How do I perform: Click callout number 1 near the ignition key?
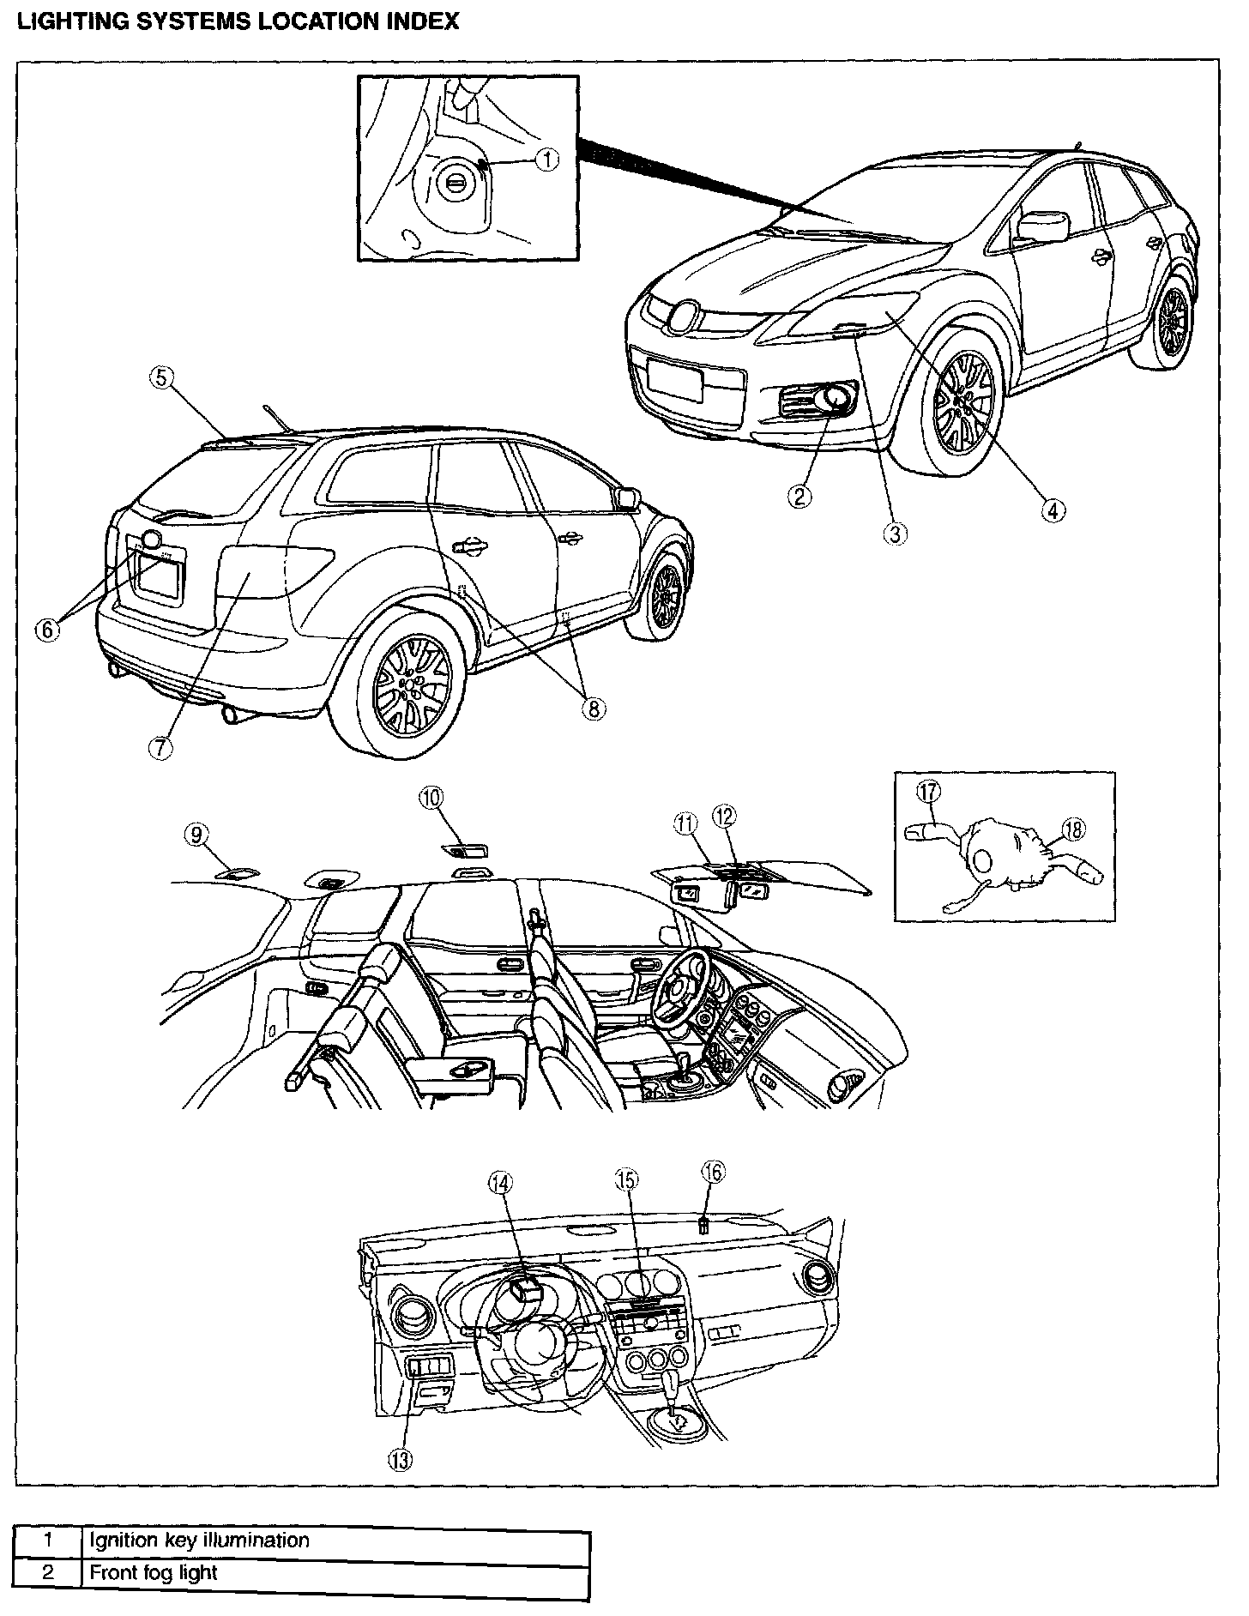pyautogui.click(x=547, y=159)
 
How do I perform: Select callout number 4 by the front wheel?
pyautogui.click(x=1053, y=510)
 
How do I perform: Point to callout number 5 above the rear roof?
pyautogui.click(x=162, y=378)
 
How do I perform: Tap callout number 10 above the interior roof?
pyautogui.click(x=431, y=797)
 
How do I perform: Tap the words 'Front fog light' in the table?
pyautogui.click(x=154, y=1572)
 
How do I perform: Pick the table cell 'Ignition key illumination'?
pyautogui.click(x=199, y=1541)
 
